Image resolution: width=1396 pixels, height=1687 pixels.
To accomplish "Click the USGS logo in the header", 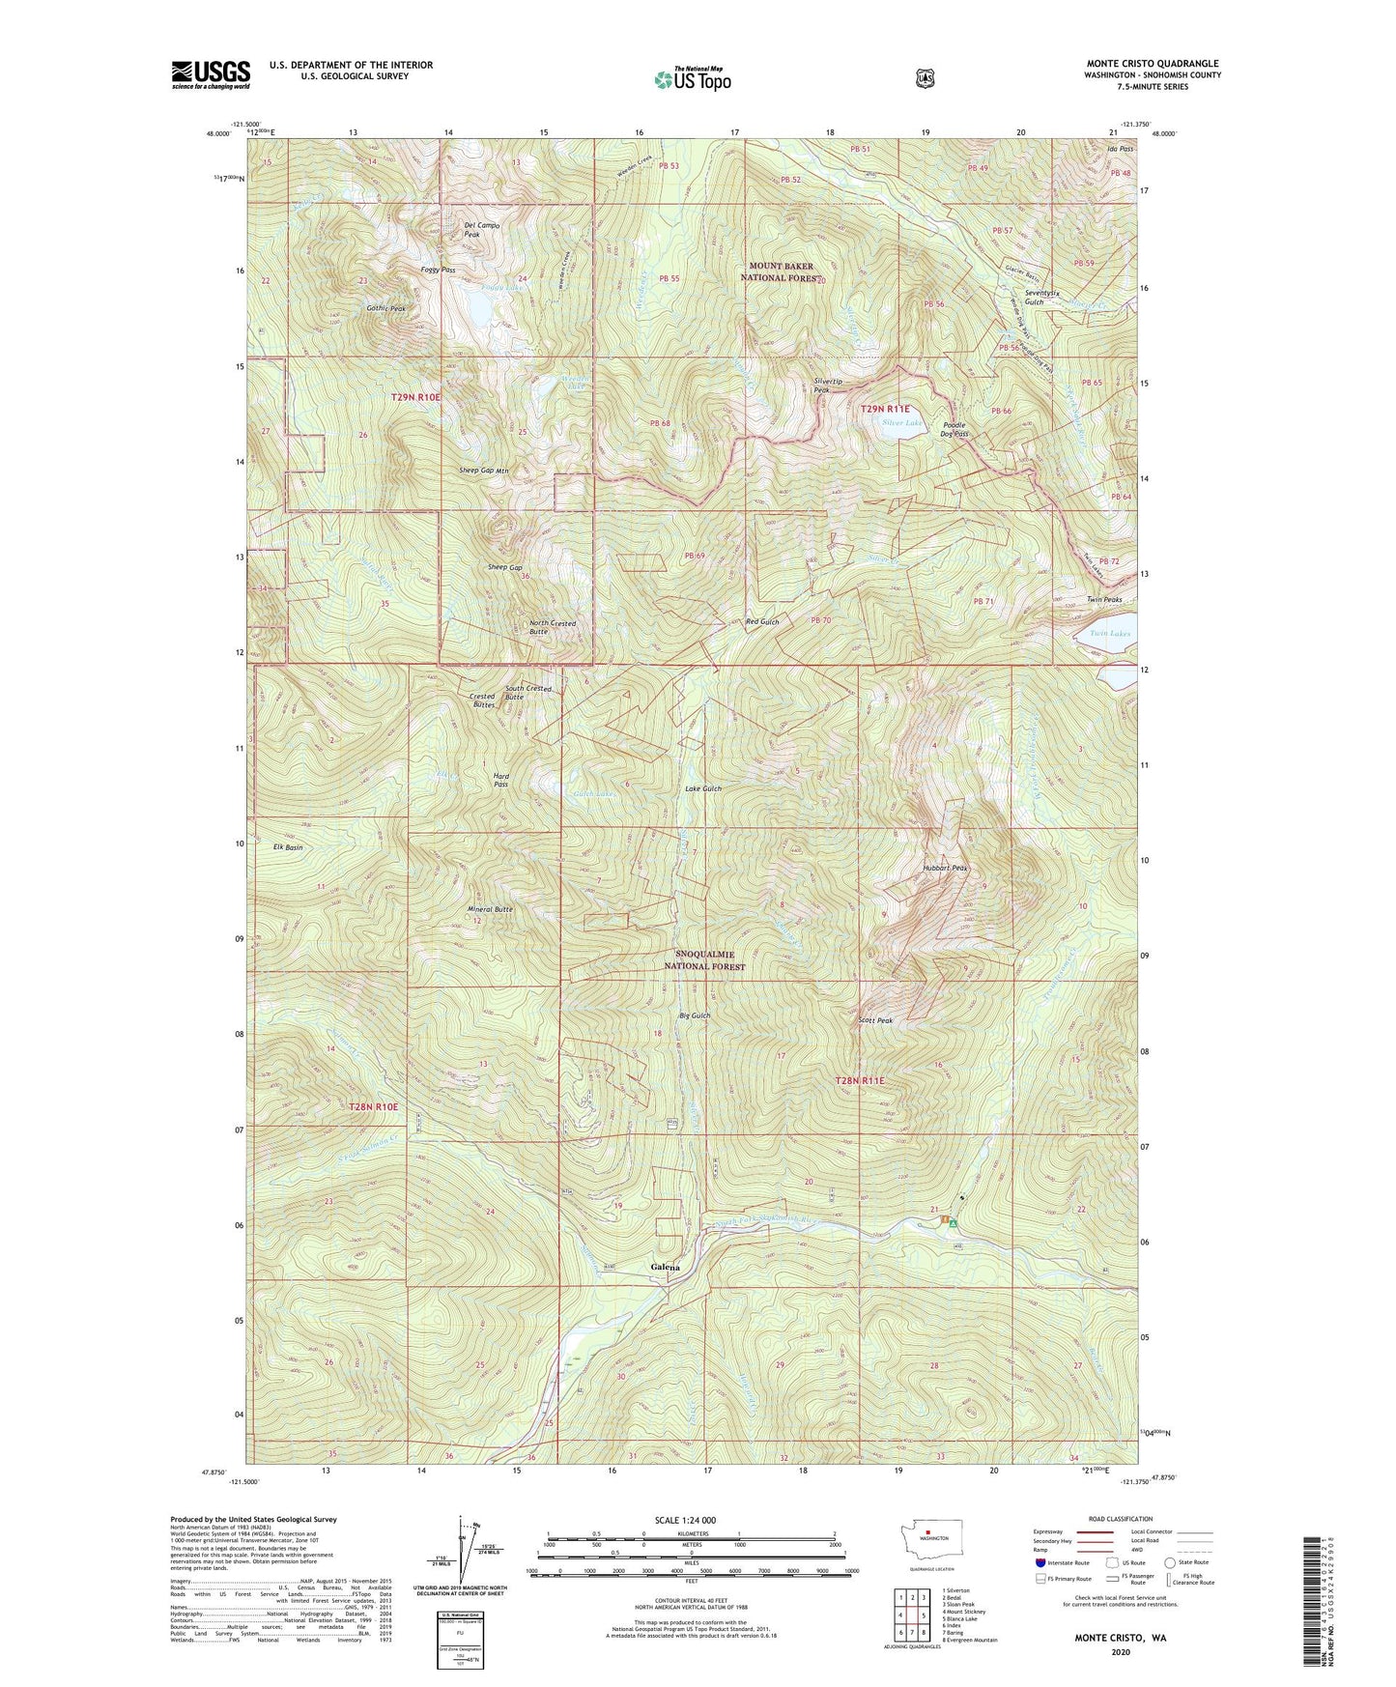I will tap(211, 74).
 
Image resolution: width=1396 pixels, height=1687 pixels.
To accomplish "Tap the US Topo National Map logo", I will tap(692, 79).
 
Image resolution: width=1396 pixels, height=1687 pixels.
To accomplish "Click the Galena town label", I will tap(665, 1268).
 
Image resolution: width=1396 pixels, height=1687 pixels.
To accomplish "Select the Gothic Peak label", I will tap(385, 308).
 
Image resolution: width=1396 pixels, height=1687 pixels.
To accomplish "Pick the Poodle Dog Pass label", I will tap(954, 430).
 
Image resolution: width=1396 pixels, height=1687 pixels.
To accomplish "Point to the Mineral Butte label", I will tap(490, 909).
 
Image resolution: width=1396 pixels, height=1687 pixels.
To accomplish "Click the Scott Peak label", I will tap(875, 1020).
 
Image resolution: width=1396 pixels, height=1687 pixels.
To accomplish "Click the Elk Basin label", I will tap(288, 847).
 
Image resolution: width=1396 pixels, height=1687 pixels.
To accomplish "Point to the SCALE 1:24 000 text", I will tap(685, 1521).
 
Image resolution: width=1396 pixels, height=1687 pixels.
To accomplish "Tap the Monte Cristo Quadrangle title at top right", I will tap(1152, 64).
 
